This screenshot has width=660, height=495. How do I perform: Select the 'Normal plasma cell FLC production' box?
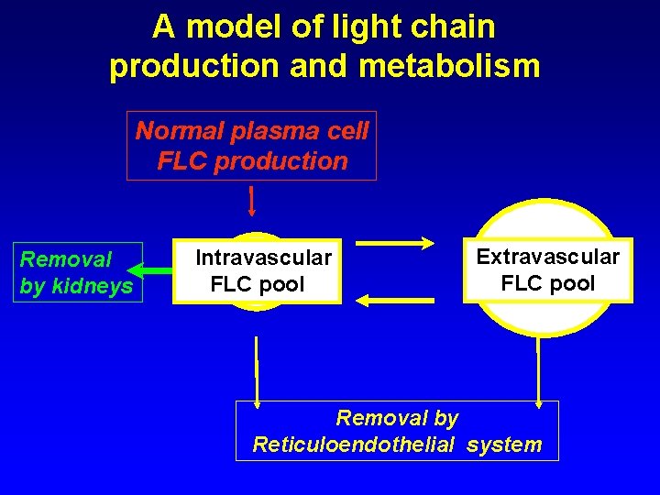(x=252, y=146)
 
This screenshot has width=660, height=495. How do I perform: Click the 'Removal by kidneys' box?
(x=77, y=272)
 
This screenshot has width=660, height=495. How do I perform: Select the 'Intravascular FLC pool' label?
(x=263, y=270)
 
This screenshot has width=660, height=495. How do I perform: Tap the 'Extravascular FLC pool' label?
(x=547, y=269)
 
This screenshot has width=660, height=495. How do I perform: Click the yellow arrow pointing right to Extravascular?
(x=395, y=243)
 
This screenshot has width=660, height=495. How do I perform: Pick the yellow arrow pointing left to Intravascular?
(x=395, y=299)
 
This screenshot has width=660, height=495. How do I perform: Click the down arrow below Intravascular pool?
(x=258, y=371)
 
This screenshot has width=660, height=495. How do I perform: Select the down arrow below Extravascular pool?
(x=539, y=371)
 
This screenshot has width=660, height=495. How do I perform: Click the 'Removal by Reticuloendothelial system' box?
(x=397, y=431)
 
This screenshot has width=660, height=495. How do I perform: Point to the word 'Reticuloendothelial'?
(x=354, y=445)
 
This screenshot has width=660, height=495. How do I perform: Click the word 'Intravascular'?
(x=263, y=258)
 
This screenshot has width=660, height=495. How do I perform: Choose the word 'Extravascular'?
(x=547, y=257)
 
